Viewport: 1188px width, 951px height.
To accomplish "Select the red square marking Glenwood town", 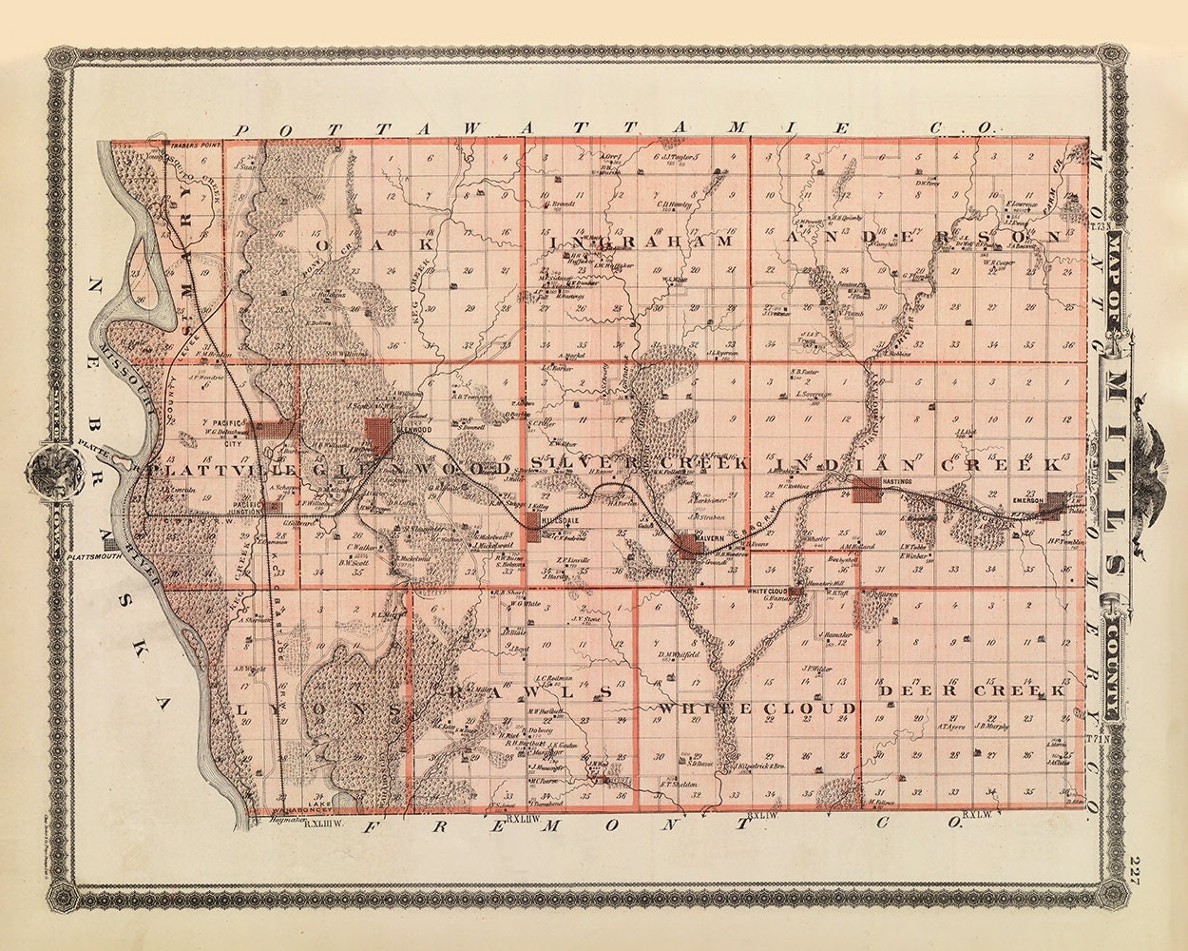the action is [x=378, y=431].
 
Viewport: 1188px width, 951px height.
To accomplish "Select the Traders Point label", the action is [x=187, y=146].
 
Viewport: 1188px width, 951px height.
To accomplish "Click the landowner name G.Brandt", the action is [x=559, y=203].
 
